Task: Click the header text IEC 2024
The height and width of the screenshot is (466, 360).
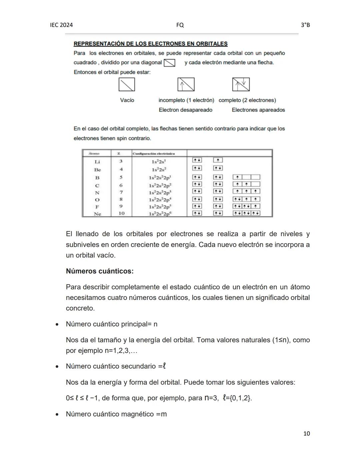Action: [61, 25]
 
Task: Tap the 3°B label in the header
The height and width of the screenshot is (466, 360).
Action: [305, 25]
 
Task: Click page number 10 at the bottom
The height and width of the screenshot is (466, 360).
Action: [306, 434]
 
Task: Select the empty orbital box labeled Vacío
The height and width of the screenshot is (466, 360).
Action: [127, 84]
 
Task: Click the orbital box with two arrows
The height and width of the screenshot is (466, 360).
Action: [241, 84]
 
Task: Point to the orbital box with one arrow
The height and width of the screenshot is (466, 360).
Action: [186, 84]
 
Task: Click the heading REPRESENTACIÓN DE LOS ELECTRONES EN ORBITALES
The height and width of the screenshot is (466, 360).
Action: [150, 44]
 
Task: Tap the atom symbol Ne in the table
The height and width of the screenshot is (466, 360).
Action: [97, 214]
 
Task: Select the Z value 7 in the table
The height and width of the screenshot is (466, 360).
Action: [121, 192]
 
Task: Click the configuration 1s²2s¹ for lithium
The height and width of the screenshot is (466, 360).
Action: [159, 162]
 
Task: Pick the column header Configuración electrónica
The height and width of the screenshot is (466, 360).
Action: [154, 154]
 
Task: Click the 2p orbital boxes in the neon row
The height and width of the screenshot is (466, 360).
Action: [246, 213]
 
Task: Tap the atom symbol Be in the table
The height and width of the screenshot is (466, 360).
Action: [97, 170]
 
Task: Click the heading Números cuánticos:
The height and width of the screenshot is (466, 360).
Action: [100, 271]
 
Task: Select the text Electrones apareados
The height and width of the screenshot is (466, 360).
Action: [258, 110]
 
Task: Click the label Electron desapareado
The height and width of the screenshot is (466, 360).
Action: [185, 110]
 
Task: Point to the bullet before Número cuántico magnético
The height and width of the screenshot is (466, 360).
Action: [57, 415]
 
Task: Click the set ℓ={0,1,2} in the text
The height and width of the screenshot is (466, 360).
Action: [237, 398]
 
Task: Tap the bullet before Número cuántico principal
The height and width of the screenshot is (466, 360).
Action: [57, 325]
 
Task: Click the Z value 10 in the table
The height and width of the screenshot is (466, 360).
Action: [121, 213]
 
